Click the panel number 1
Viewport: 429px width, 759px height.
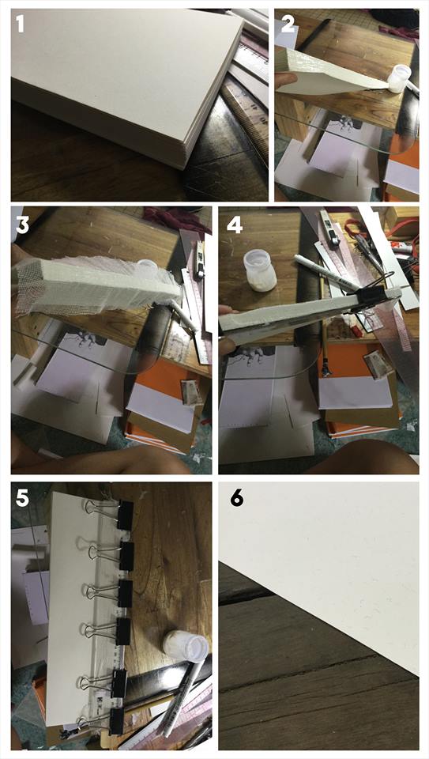point(20,24)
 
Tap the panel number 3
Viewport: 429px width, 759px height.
point(23,225)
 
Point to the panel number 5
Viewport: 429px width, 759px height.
point(23,499)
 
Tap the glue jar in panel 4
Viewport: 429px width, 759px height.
point(259,270)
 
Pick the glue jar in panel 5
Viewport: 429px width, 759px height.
point(186,648)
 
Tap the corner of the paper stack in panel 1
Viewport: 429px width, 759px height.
point(183,166)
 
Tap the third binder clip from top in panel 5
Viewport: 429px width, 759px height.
point(111,592)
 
